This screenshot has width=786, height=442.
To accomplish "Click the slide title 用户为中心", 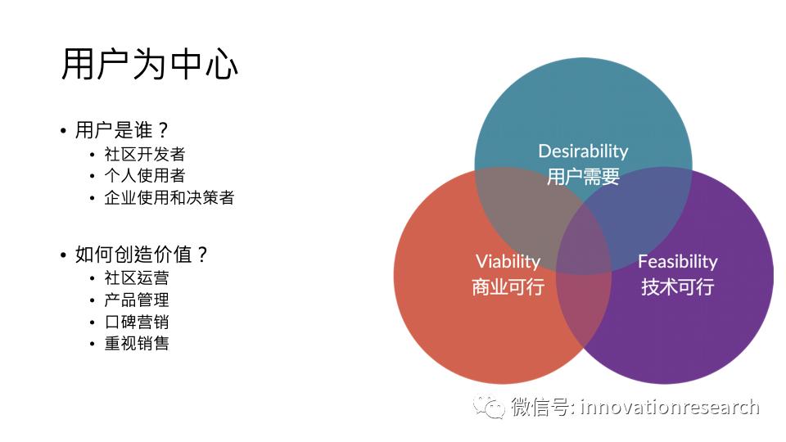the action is [x=149, y=64].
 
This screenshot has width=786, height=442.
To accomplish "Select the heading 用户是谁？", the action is [x=121, y=130].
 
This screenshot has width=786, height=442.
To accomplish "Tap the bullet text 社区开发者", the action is [x=145, y=154].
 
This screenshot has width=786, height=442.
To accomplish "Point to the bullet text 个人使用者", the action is [x=145, y=175].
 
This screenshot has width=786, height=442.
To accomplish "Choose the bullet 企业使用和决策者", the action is [x=169, y=197].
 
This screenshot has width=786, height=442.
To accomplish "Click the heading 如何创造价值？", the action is [x=141, y=255].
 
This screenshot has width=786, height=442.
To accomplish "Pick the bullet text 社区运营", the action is [x=137, y=277].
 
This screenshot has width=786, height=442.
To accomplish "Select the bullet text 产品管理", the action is [x=137, y=300].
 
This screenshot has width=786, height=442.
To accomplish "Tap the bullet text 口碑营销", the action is [x=137, y=322].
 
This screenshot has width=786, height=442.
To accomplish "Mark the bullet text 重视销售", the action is [x=137, y=343].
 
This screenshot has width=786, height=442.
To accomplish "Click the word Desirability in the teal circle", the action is [x=583, y=151].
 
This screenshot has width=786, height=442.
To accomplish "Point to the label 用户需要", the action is [x=583, y=177].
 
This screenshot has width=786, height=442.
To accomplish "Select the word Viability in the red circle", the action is [x=508, y=262].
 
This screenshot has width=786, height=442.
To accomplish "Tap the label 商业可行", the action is [x=508, y=287].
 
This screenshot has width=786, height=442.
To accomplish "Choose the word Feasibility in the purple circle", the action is [x=678, y=262].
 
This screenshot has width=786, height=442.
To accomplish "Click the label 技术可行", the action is [x=678, y=287].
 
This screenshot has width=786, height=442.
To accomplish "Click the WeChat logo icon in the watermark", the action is [x=489, y=406].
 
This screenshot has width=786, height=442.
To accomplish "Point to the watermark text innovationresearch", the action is [x=670, y=407].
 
